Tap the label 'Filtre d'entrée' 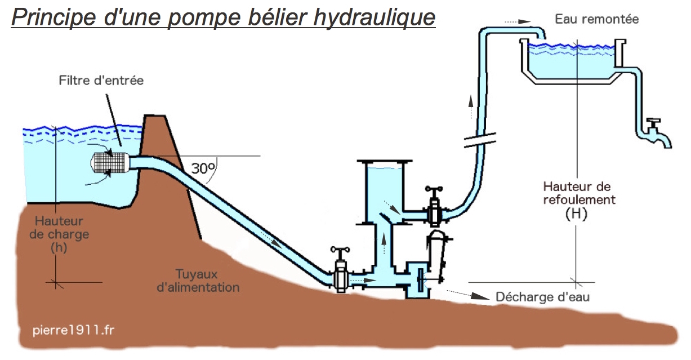point(101,80)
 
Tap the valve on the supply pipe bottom point(340,274)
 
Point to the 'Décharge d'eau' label point(542,297)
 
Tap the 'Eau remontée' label point(596,19)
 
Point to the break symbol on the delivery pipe point(480,139)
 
